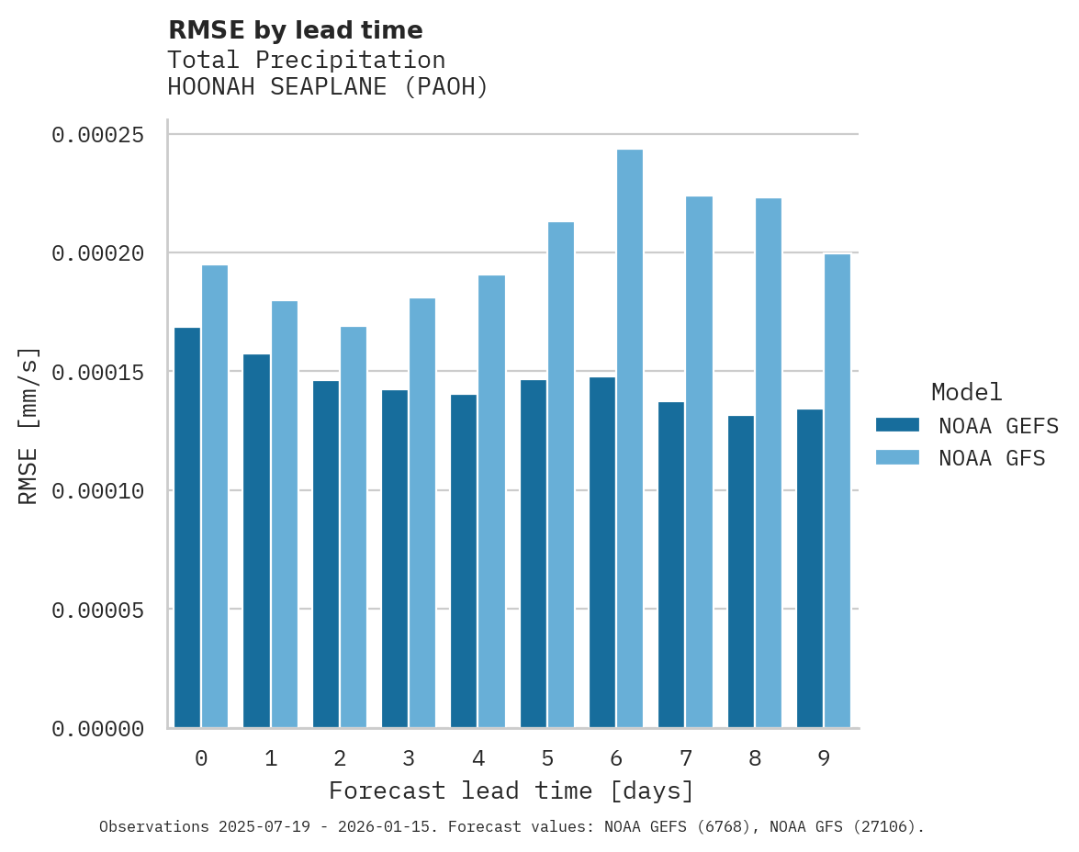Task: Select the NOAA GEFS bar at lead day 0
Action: tap(187, 528)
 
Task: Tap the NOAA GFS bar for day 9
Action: tap(837, 491)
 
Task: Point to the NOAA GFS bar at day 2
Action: tap(354, 528)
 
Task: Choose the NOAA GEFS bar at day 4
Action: tap(464, 561)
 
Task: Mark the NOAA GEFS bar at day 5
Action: tap(534, 554)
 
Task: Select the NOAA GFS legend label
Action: tap(992, 457)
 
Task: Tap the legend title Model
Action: tap(966, 392)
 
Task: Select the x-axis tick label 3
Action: tap(409, 758)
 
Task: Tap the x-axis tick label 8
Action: tap(755, 758)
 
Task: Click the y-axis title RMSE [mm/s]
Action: tap(28, 426)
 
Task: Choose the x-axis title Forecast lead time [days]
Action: tap(511, 790)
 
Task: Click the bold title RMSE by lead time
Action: tap(295, 30)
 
